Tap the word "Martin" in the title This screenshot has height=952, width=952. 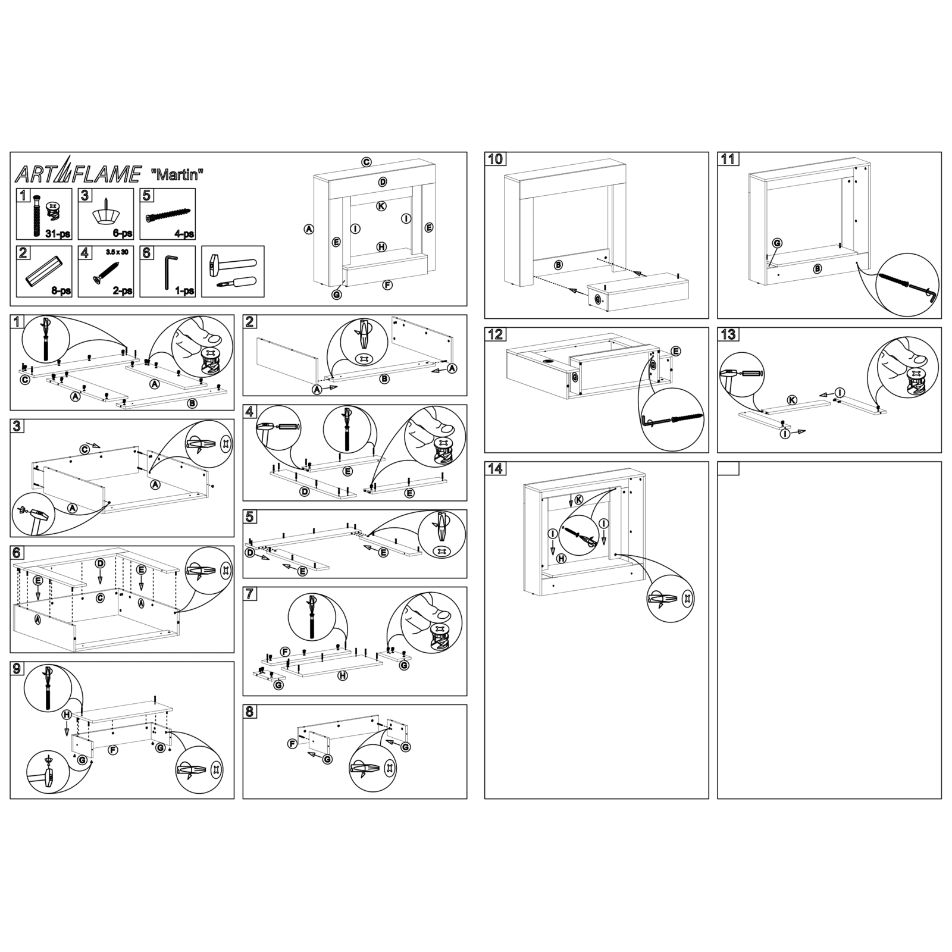[x=178, y=174]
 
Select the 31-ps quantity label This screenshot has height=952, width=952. [x=58, y=233]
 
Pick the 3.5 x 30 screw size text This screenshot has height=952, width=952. [x=117, y=252]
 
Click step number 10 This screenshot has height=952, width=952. [x=496, y=159]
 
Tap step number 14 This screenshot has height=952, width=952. [x=496, y=469]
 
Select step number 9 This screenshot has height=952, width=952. [x=17, y=669]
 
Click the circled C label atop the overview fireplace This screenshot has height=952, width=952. [x=367, y=162]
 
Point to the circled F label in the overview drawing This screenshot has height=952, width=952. [x=387, y=284]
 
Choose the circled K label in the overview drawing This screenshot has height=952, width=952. [x=381, y=206]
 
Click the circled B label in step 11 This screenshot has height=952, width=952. [x=818, y=268]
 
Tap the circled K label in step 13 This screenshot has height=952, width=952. [x=792, y=400]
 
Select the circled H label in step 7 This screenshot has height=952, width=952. [x=343, y=676]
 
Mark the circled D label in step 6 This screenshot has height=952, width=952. [x=101, y=563]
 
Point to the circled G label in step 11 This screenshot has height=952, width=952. [x=777, y=243]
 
